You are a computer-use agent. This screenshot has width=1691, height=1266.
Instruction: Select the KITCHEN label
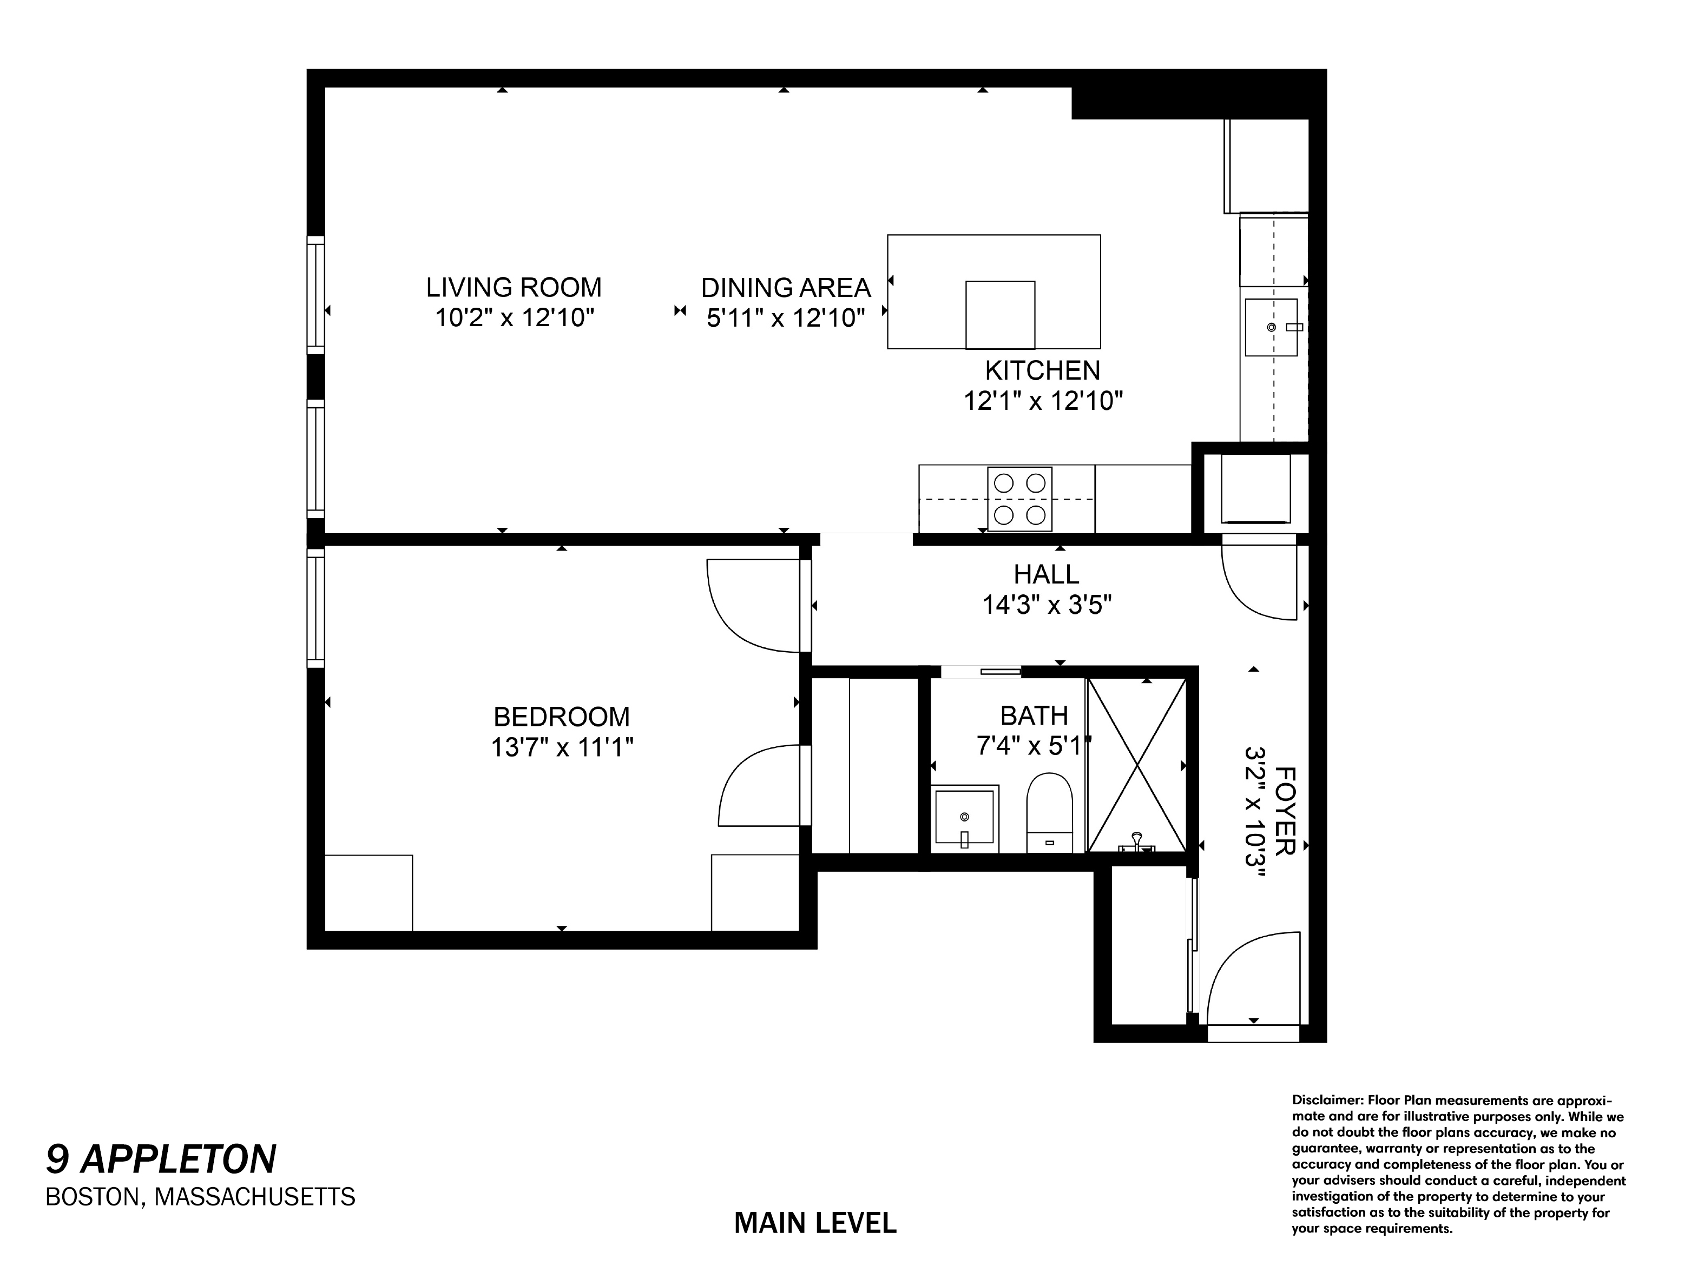(1042, 370)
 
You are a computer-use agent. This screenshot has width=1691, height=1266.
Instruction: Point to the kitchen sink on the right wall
(1271, 327)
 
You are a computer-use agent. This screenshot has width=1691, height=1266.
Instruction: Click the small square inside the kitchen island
(1000, 315)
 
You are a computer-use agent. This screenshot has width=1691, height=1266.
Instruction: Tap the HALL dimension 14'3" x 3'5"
(1046, 605)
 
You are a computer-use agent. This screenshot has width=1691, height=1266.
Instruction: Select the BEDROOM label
(561, 717)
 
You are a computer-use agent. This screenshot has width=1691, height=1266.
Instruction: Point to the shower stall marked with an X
(1137, 764)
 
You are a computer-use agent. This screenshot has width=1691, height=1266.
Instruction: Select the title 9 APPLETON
(161, 1159)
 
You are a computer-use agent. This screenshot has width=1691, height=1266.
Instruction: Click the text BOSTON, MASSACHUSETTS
(200, 1196)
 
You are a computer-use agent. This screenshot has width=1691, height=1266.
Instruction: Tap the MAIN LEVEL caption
(815, 1223)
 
